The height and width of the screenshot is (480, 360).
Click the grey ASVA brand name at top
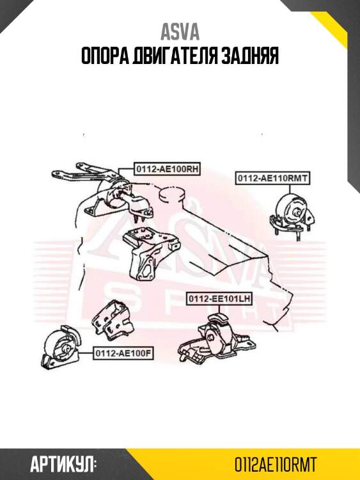click(x=180, y=32)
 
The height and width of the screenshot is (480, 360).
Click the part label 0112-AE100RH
click(x=167, y=169)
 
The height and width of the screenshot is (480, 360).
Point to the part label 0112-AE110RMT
click(x=272, y=178)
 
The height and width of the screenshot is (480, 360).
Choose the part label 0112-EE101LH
click(x=219, y=298)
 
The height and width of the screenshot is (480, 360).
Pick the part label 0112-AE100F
click(x=123, y=353)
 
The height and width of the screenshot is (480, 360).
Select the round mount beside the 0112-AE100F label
click(x=61, y=349)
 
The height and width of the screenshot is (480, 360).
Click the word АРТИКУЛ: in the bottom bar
click(x=63, y=465)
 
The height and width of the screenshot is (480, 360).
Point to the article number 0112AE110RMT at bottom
click(x=275, y=465)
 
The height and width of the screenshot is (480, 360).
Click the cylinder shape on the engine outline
click(x=173, y=196)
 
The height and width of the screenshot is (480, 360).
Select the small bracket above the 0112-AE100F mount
click(x=113, y=319)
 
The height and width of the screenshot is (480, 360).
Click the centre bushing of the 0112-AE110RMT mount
click(x=297, y=212)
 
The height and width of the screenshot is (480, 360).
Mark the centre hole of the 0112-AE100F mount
click(x=66, y=349)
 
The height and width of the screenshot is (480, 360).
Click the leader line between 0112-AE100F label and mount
click(x=86, y=353)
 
